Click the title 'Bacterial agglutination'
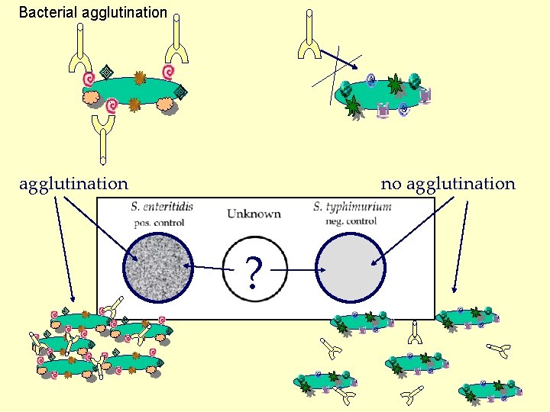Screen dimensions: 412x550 coord(92,12)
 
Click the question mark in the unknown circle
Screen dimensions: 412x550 coord(254,271)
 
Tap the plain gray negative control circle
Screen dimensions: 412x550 coord(348,267)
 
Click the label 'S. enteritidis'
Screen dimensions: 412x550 coord(161,206)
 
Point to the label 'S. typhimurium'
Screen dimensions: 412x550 coord(352,206)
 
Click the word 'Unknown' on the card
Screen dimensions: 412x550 coord(254,214)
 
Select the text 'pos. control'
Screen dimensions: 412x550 coord(159,223)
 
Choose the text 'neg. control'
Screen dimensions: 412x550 coord(351,221)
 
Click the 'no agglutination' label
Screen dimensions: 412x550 coord(448,184)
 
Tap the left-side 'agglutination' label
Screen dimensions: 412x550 coord(73,184)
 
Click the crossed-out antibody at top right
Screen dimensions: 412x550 coord(309,38)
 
